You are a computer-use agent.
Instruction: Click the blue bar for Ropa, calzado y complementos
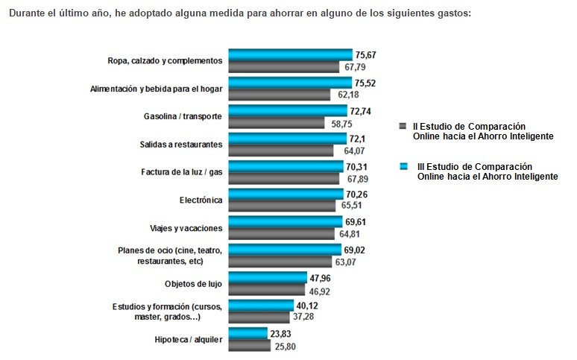[290, 54]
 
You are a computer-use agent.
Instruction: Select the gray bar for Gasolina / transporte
[276, 122]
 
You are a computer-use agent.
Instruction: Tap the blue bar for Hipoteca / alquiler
[247, 334]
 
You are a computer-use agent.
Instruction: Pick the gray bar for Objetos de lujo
[266, 289]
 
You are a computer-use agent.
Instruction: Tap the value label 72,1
[362, 139]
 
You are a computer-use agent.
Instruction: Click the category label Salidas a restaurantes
[181, 144]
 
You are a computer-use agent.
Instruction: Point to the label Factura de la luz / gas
[182, 172]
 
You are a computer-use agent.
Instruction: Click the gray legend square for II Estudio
[403, 127]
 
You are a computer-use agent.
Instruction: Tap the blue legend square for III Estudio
[403, 166]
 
